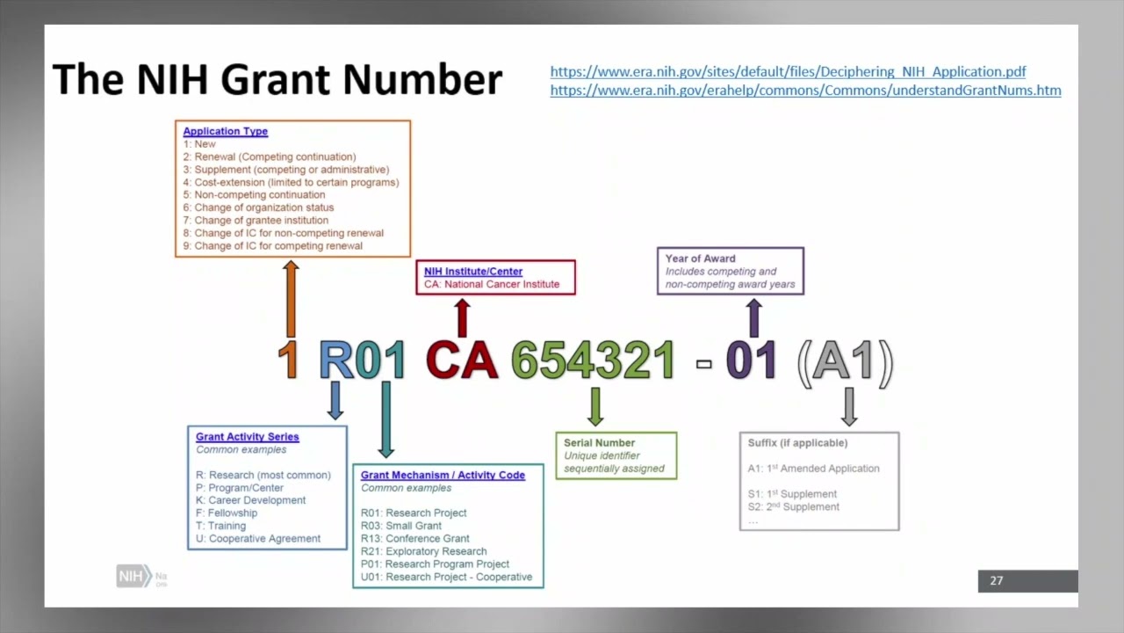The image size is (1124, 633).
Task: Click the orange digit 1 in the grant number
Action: coord(288,360)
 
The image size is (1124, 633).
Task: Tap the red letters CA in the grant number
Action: coord(462,360)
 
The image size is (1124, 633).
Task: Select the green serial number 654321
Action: coord(593,360)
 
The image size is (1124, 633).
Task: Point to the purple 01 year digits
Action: coord(751,360)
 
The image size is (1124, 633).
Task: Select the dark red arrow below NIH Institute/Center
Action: coord(463,317)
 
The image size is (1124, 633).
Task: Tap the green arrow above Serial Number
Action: coord(595,406)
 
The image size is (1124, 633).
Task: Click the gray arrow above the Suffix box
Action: coord(848,406)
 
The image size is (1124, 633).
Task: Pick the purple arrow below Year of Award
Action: coord(753,317)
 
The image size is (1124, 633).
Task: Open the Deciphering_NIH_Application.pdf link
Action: coord(788,72)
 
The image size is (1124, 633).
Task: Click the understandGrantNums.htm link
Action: coord(805,91)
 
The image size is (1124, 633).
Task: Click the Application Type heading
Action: coord(226,131)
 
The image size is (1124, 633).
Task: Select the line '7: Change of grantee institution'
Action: coord(256,221)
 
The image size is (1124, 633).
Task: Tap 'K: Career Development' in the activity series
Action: coord(250,500)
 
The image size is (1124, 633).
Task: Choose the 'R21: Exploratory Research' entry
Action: coord(423,551)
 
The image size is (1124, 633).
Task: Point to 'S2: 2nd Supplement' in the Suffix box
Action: coord(793,506)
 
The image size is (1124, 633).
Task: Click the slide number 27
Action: coord(996,580)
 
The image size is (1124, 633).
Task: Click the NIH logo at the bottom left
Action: coord(133,577)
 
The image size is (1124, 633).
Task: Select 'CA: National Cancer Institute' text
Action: coord(492,284)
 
